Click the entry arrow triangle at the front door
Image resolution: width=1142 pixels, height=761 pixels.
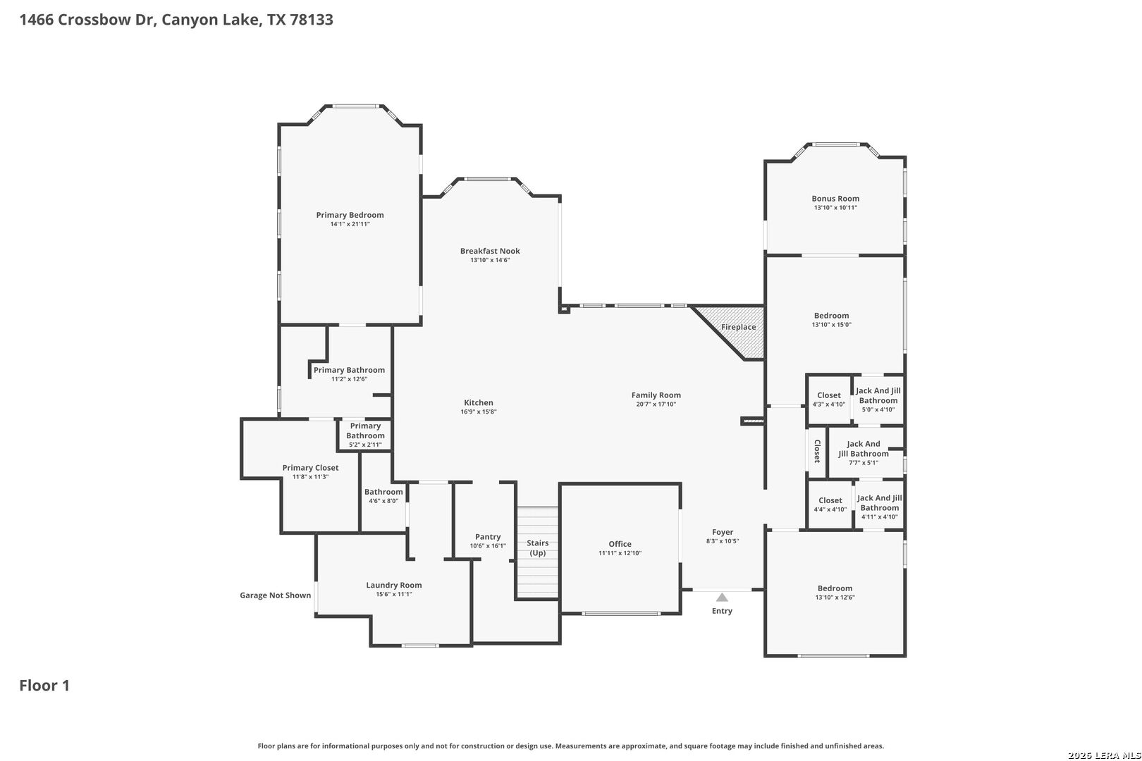722,598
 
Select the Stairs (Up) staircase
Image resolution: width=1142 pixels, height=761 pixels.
538,552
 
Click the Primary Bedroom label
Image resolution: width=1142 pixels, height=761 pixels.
350,215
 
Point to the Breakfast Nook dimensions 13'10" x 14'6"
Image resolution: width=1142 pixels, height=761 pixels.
490,260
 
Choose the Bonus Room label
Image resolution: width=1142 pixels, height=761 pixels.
835,199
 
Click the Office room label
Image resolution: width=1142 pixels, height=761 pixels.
620,544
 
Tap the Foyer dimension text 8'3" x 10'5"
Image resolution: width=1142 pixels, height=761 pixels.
723,541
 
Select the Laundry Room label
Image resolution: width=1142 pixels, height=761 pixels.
393,585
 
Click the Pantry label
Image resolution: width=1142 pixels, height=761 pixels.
488,537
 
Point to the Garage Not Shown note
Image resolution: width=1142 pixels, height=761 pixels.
276,595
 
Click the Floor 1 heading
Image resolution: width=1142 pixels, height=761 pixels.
44,686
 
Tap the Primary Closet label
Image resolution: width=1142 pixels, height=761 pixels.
310,468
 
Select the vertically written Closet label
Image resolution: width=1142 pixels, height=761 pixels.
817,451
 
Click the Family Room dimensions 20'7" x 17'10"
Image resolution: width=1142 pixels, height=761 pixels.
656,404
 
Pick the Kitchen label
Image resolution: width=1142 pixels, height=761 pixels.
478,402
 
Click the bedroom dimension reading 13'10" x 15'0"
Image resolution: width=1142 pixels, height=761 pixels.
832,325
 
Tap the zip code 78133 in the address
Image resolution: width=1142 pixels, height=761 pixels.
312,20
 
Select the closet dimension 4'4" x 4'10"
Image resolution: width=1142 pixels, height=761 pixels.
830,509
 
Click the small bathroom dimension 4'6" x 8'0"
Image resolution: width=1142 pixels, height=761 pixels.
383,501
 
